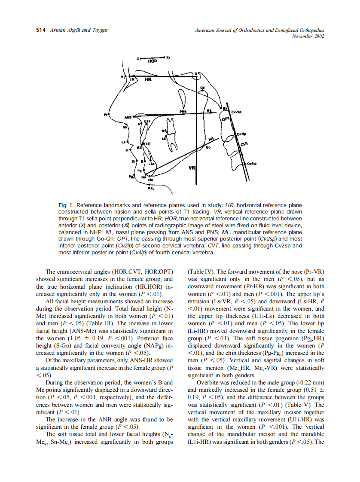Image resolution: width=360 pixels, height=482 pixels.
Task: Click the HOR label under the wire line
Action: pos(153,61)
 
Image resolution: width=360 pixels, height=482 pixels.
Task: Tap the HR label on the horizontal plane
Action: pos(148,80)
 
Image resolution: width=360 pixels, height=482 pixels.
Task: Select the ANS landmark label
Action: pos(128,117)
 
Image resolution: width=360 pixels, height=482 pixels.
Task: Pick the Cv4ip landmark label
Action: pos(252,164)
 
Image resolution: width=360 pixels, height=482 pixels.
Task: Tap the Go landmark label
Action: pos(208,147)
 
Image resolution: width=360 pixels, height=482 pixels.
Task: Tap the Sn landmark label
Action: pos(125,127)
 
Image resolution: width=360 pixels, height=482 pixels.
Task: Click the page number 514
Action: pos(40,30)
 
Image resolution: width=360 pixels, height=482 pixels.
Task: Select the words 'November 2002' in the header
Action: pos(308,36)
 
